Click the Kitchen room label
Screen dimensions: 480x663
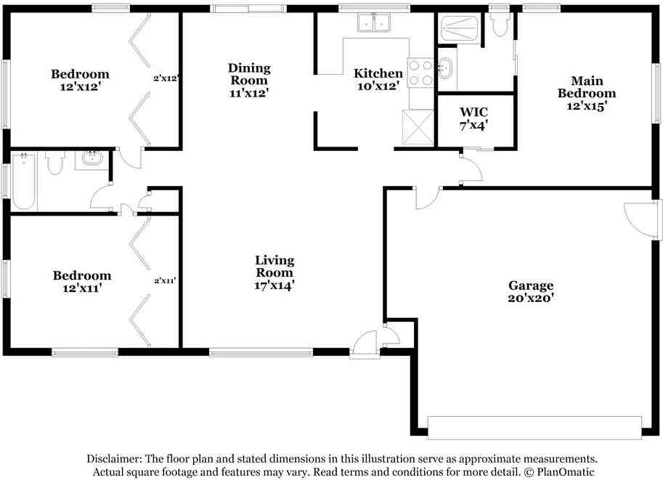click(x=378, y=73)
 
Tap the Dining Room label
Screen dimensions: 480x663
click(x=249, y=74)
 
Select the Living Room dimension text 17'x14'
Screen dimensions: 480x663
click(x=274, y=285)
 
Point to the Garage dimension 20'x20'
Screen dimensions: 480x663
click(x=530, y=297)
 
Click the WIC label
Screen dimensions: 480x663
click(x=473, y=112)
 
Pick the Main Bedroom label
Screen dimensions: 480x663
click(x=586, y=86)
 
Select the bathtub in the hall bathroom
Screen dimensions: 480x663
click(x=23, y=181)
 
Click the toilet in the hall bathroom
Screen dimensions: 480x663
click(x=55, y=163)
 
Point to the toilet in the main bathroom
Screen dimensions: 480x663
click(x=499, y=24)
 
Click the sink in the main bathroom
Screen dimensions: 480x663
click(x=446, y=70)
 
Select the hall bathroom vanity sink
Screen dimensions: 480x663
click(x=92, y=159)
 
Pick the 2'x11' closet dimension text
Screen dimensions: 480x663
click(x=166, y=280)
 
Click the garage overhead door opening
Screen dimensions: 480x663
click(x=534, y=427)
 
